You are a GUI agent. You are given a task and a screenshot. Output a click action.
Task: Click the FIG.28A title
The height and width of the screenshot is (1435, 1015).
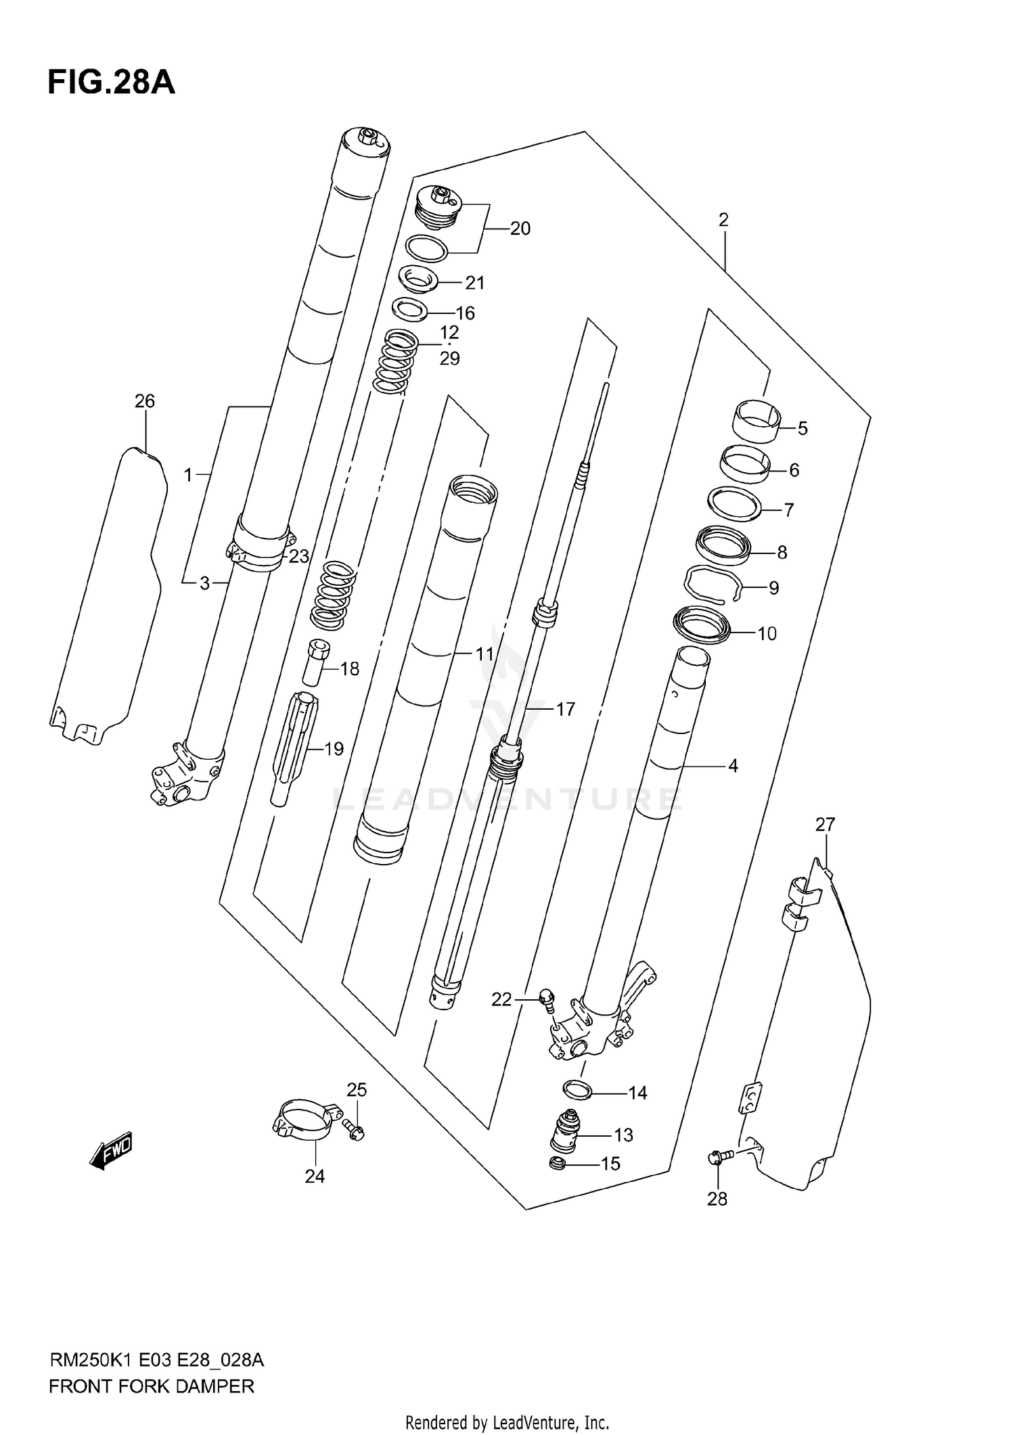(x=111, y=83)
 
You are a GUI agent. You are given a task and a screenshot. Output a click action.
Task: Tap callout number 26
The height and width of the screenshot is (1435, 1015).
(x=145, y=401)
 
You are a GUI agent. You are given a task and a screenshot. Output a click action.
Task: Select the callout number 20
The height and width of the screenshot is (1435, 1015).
(x=520, y=229)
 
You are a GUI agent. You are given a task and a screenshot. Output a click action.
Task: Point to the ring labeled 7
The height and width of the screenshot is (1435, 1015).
(x=734, y=504)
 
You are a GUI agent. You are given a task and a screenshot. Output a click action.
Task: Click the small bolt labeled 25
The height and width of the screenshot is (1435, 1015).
(x=354, y=1129)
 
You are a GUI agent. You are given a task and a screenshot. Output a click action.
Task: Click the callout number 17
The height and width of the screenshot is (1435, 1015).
(x=565, y=709)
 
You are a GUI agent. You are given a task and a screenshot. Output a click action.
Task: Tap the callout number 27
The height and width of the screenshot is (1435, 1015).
(x=825, y=825)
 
